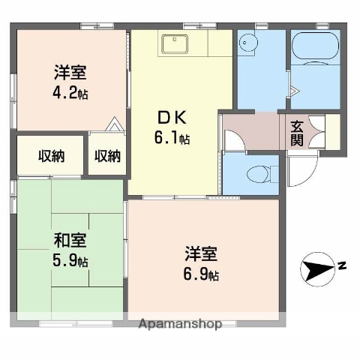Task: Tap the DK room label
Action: pos(169,118)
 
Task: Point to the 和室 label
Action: pos(69,241)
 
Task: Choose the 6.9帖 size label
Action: pos(202,274)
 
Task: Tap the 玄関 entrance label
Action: pos(297,133)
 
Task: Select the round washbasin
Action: pos(247,43)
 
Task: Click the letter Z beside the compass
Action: pos(341,264)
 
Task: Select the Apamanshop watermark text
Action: pos(180,325)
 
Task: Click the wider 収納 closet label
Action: pos(51,156)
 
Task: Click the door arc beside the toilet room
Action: pos(234,142)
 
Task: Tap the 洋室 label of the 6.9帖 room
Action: pos(202,253)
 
